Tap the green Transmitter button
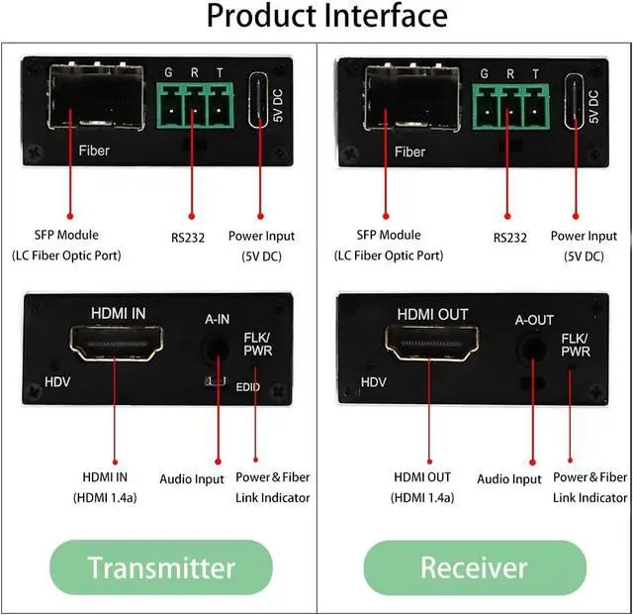(161, 566)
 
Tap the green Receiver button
(474, 566)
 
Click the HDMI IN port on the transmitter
(115, 346)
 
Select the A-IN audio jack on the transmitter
(216, 348)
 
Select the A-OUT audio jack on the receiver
(534, 349)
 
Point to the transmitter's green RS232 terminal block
(194, 102)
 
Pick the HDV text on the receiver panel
(373, 381)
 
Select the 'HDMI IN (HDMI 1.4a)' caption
(105, 487)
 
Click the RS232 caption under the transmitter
(185, 238)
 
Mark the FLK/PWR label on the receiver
(574, 343)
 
